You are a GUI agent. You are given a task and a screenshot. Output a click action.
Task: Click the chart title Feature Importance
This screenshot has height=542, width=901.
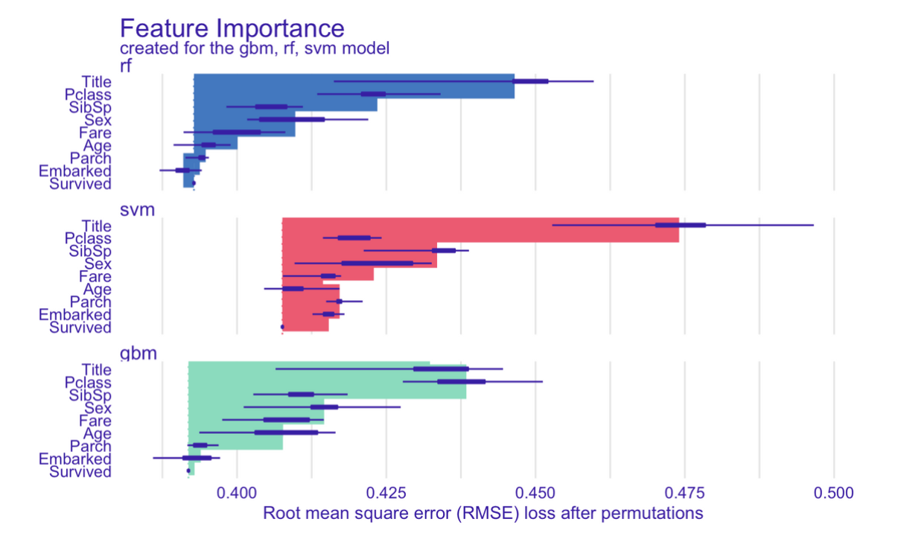coord(232,28)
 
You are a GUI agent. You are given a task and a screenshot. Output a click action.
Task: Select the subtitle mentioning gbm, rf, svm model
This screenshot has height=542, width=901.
coord(255,48)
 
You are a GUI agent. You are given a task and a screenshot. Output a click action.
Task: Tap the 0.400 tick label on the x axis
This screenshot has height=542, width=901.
coord(237,493)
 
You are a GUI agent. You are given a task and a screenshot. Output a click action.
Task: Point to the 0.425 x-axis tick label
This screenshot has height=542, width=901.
coord(386,493)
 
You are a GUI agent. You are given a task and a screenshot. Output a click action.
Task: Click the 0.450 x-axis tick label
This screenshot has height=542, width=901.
coord(535,493)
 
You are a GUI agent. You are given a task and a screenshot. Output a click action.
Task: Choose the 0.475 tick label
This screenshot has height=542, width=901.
coord(684,493)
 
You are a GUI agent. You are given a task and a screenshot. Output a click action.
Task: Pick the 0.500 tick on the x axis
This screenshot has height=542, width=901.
coord(833,493)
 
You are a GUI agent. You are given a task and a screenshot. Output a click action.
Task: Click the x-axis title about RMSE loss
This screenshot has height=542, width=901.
coord(483,513)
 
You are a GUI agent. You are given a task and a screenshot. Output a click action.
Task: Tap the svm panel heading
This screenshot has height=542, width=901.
coord(137,210)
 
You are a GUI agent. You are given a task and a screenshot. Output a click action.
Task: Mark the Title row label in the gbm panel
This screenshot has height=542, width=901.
coord(95,369)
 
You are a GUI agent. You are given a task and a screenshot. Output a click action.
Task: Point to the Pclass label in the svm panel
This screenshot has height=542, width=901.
coord(88,238)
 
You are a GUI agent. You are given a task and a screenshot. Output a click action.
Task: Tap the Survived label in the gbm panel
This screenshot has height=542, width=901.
coord(80,472)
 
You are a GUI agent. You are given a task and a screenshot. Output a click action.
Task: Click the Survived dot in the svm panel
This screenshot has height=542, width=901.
coord(282,327)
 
